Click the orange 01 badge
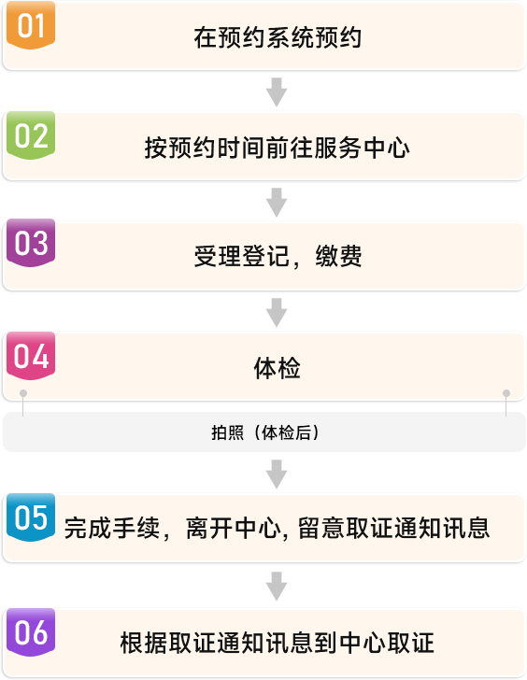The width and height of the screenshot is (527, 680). point(31,25)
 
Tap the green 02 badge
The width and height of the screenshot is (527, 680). point(31,135)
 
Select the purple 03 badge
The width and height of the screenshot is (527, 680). point(31,243)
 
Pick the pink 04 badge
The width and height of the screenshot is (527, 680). point(31,356)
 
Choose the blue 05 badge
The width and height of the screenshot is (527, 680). point(31,517)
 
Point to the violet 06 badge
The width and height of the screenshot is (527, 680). point(31,632)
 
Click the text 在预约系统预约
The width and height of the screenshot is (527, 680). point(278,37)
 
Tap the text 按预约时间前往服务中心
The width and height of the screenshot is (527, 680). point(278,148)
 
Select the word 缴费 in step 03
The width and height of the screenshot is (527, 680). point(339,256)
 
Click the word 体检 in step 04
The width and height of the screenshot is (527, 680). point(278,368)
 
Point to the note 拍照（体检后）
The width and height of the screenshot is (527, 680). point(265,432)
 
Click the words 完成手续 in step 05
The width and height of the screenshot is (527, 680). point(112,529)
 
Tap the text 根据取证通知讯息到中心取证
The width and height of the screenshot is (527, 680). point(278,643)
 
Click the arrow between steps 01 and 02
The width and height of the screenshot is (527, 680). point(277,92)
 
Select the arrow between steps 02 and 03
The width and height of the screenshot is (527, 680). point(277,202)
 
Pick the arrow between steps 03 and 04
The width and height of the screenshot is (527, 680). point(277,312)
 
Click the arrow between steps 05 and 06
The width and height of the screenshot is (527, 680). point(277,587)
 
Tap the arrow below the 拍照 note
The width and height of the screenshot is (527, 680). point(277,475)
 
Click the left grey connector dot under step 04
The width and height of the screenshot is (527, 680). point(23,393)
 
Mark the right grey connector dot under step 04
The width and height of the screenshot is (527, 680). point(506,393)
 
